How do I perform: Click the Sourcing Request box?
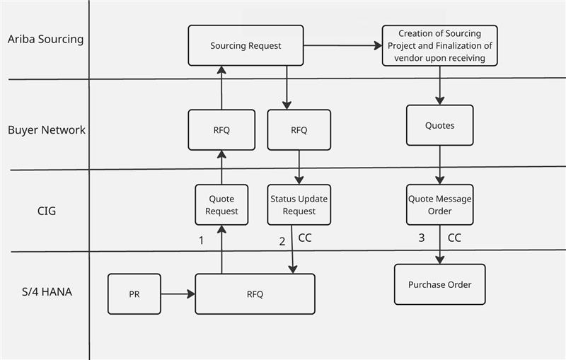(x=246, y=46)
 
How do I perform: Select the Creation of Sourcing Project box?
(x=439, y=46)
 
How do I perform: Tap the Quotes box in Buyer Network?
(x=439, y=126)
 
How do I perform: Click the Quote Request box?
(x=223, y=205)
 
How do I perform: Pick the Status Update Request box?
(x=299, y=205)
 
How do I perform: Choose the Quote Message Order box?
(x=439, y=205)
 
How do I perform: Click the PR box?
(x=134, y=294)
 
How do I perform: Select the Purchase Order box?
(x=439, y=284)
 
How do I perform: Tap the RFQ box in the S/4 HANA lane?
(x=255, y=294)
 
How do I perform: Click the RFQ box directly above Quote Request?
(x=221, y=130)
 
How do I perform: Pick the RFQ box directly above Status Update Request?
(x=299, y=130)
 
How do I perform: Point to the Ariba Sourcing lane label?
(x=45, y=39)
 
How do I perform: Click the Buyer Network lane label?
(x=47, y=130)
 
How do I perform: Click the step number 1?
(x=201, y=240)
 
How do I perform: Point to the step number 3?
(x=421, y=238)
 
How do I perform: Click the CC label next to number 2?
(x=305, y=238)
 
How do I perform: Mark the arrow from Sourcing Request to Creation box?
(x=342, y=46)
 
